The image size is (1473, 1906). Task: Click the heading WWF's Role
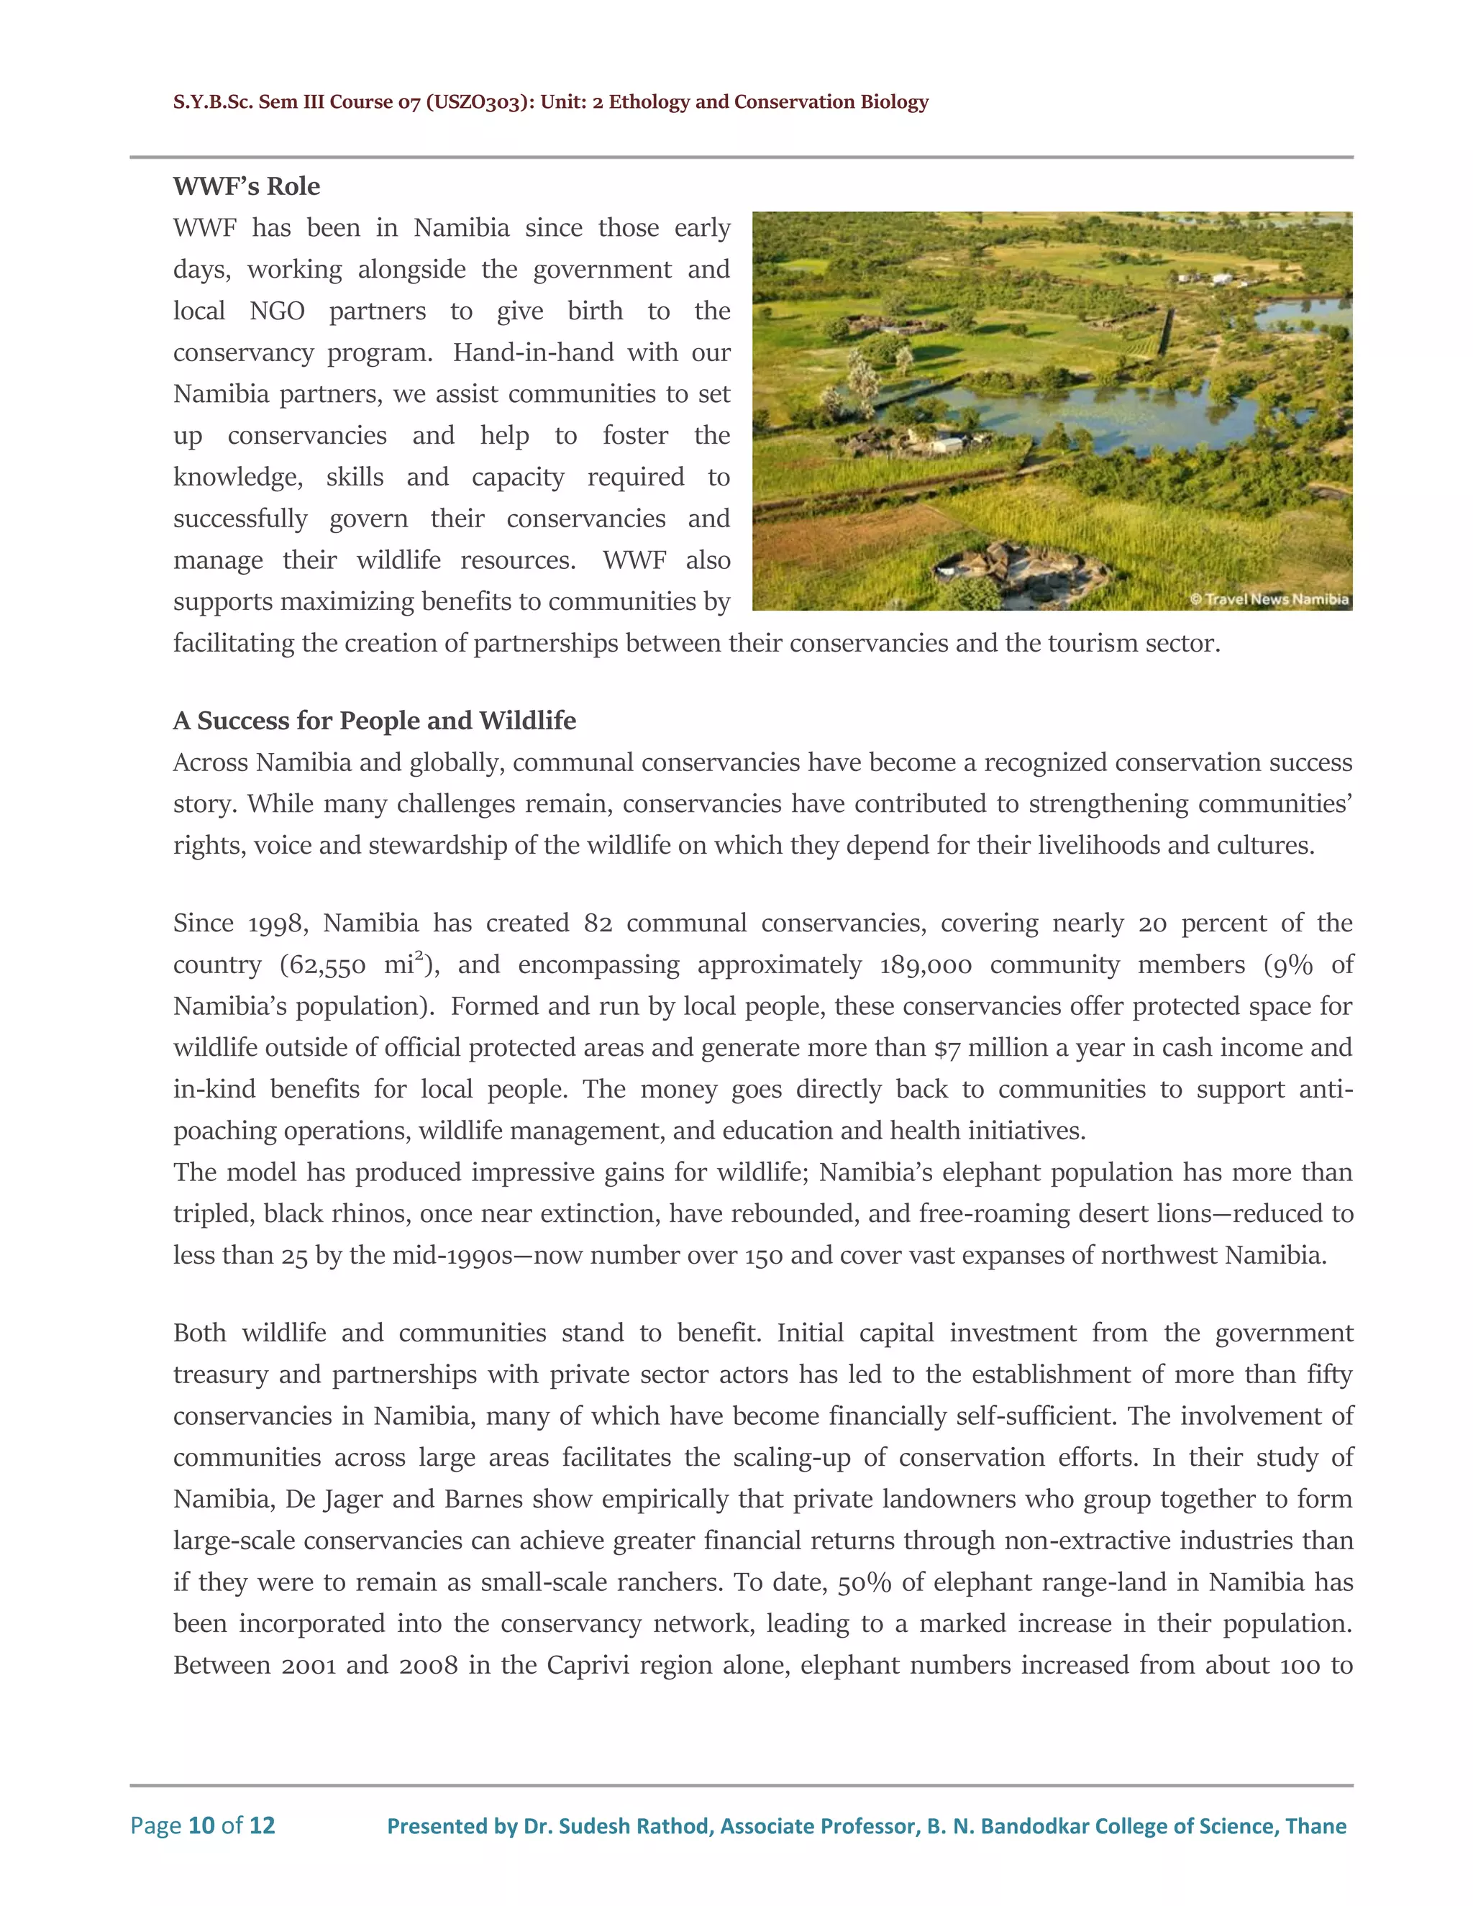[246, 186]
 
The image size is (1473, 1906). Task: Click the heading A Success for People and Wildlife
[374, 720]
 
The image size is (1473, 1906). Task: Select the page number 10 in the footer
[201, 1825]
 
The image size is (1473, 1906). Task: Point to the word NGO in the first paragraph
[277, 311]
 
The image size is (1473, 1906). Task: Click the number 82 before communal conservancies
[598, 923]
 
